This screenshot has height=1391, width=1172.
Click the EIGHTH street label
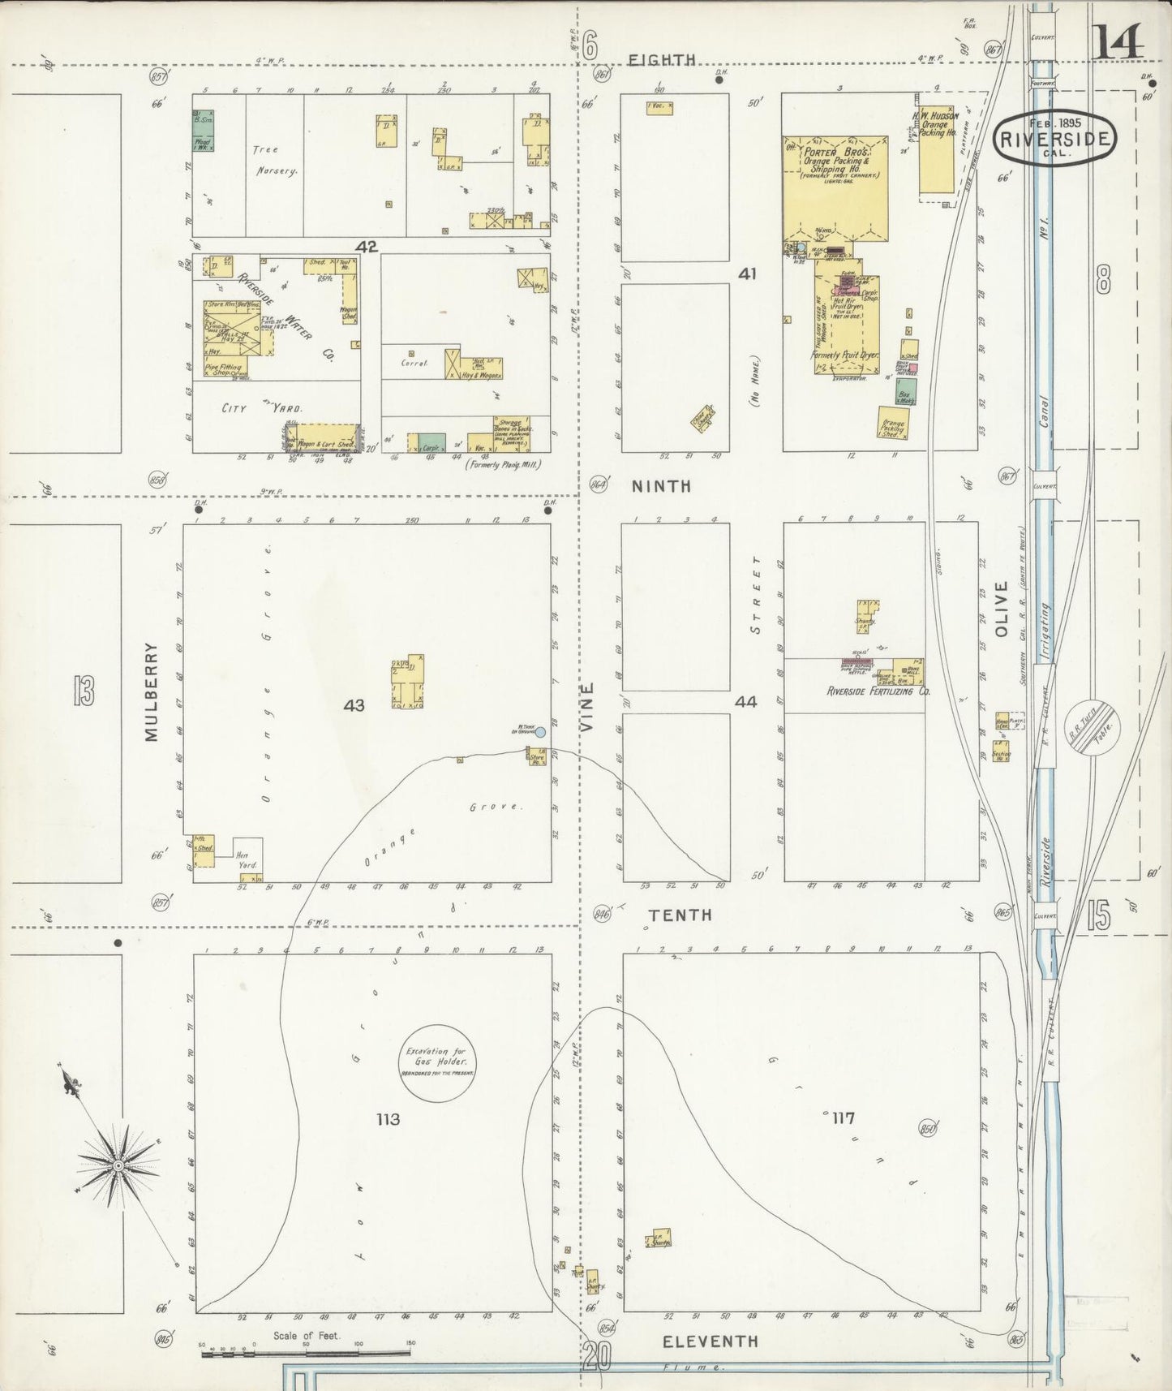[x=663, y=59]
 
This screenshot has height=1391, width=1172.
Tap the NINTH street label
[x=662, y=486]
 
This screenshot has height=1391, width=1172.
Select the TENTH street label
[x=681, y=915]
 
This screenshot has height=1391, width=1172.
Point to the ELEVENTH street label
[x=710, y=1341]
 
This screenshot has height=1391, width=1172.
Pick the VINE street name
[x=588, y=708]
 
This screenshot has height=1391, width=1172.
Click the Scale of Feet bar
[x=307, y=1353]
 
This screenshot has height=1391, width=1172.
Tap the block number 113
[x=388, y=1119]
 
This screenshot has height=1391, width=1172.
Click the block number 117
[x=842, y=1118]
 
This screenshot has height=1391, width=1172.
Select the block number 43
[x=354, y=705]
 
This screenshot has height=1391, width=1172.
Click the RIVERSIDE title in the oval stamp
[x=1054, y=138]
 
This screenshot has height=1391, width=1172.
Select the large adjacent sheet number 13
[x=83, y=691]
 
